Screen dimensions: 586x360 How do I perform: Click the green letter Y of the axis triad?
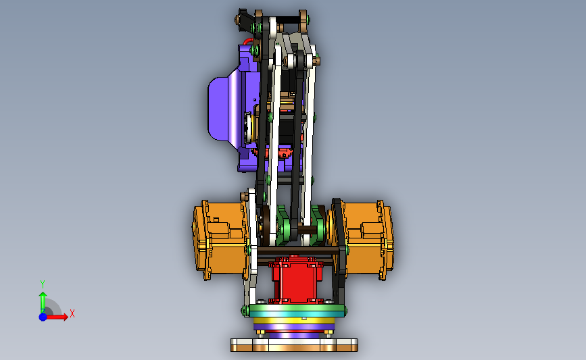(43, 284)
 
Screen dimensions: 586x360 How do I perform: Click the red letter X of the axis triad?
(72, 313)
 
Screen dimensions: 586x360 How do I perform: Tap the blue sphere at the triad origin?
(43, 317)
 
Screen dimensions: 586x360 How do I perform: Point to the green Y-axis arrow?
(43, 302)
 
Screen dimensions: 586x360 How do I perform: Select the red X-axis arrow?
(57, 317)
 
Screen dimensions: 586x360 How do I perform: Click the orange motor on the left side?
(220, 240)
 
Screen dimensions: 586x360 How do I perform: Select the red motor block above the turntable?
(296, 279)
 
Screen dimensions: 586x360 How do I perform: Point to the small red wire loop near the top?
(248, 41)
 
